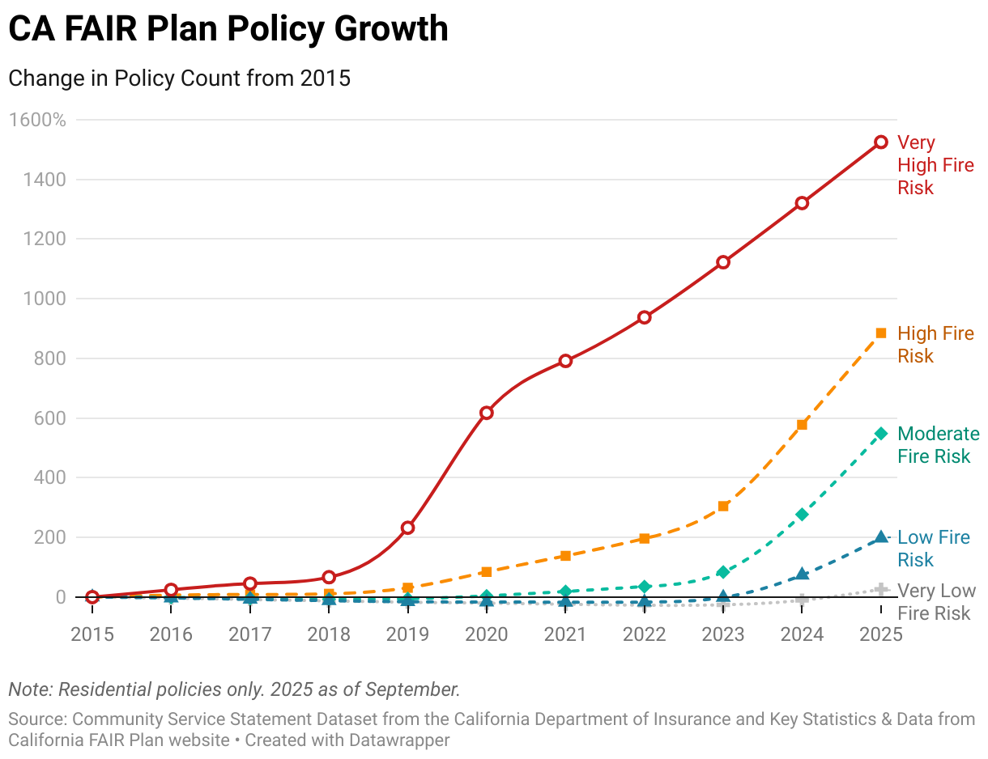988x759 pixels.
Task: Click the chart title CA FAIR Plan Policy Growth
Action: [x=228, y=29]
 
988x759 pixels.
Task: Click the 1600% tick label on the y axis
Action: [x=37, y=120]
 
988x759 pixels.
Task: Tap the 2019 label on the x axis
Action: [x=407, y=634]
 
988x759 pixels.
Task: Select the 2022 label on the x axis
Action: [x=644, y=634]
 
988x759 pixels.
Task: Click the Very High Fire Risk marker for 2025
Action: [x=881, y=142]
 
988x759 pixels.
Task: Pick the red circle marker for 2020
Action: [x=487, y=413]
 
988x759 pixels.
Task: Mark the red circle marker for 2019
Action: [x=408, y=528]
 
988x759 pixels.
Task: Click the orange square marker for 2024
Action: [x=802, y=425]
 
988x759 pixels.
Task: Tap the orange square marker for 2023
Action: [x=723, y=507]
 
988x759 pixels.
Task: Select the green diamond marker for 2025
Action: [x=881, y=434]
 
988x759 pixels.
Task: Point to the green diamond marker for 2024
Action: [x=802, y=515]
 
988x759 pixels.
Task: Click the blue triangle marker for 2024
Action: [x=802, y=574]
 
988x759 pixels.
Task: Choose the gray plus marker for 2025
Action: [x=881, y=590]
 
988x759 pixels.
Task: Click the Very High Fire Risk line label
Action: [x=935, y=165]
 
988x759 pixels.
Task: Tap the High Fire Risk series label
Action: [x=935, y=345]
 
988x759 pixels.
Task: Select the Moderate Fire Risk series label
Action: [x=938, y=445]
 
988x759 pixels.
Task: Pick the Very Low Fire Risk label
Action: [x=935, y=602]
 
